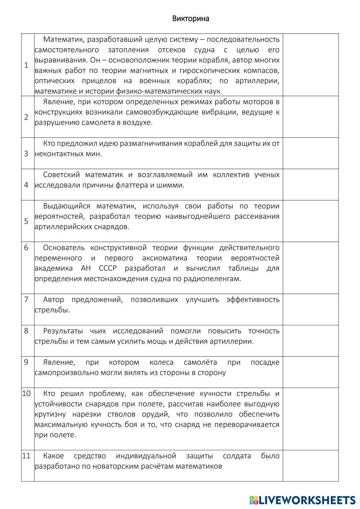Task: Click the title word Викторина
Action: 190,19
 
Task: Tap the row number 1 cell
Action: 26,65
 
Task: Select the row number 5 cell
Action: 26,221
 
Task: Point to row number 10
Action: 27,393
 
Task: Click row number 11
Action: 26,456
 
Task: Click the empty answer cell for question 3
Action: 310,153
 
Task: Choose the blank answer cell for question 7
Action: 310,309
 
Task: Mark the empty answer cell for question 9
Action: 310,372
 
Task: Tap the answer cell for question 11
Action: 310,465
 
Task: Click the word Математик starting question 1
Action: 63,39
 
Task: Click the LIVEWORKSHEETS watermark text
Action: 307,500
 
